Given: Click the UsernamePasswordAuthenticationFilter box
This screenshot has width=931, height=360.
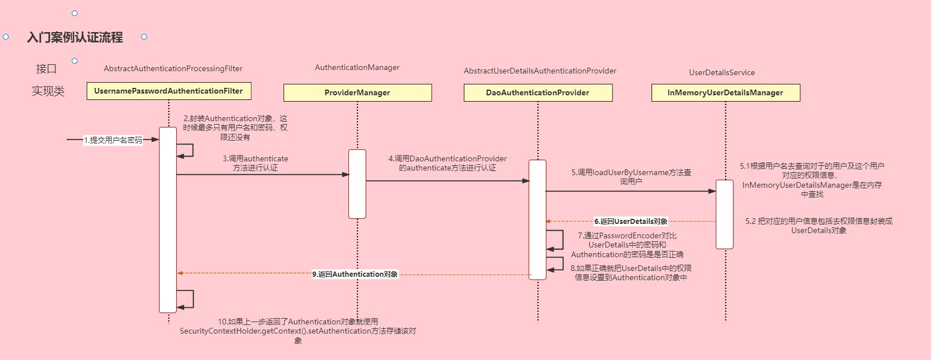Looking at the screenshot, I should [169, 91].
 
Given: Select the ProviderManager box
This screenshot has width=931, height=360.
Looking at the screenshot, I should [357, 92].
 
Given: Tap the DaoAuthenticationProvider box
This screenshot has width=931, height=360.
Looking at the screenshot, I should [538, 92].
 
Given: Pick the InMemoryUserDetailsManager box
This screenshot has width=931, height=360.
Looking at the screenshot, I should [726, 92].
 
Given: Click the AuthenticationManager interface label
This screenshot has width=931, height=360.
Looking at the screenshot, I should [357, 67].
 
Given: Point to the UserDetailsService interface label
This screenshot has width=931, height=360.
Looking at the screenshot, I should [721, 72].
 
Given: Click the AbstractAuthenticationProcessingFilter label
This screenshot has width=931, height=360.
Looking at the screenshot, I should [173, 68].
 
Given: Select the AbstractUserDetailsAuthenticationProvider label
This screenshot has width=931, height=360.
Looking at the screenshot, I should [540, 71].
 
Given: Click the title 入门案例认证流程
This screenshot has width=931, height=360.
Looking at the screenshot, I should [75, 37].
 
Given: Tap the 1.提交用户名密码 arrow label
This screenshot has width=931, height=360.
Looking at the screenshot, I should [113, 140].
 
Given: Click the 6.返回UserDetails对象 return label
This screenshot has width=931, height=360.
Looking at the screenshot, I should [630, 221].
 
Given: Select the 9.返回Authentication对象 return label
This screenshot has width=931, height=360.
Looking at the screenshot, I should [355, 274].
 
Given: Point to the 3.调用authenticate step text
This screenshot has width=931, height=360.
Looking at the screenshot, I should [255, 163].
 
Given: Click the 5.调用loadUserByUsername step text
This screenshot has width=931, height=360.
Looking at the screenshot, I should [631, 176].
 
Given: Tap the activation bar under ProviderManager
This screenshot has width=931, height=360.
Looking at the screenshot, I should [357, 184].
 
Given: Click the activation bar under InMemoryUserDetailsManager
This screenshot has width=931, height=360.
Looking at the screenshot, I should [724, 214].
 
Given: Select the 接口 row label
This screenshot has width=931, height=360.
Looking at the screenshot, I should [46, 69].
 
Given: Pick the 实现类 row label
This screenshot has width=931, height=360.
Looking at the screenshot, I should [48, 91].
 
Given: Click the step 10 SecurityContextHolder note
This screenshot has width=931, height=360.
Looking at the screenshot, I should [297, 331].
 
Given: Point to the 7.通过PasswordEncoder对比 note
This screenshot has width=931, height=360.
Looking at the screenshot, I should [627, 245].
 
